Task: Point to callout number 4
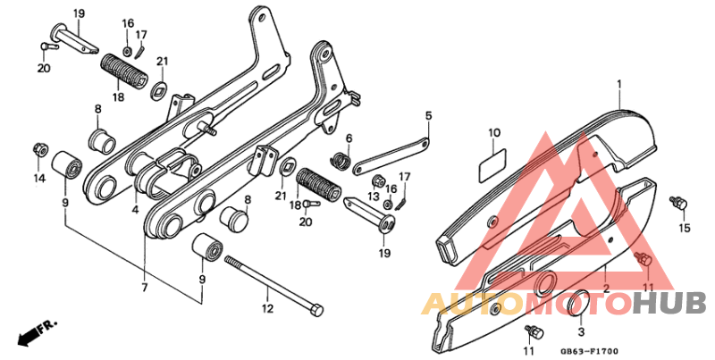(135, 211)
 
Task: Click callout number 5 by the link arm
(428, 115)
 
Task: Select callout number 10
(494, 134)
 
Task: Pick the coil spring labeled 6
(340, 161)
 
